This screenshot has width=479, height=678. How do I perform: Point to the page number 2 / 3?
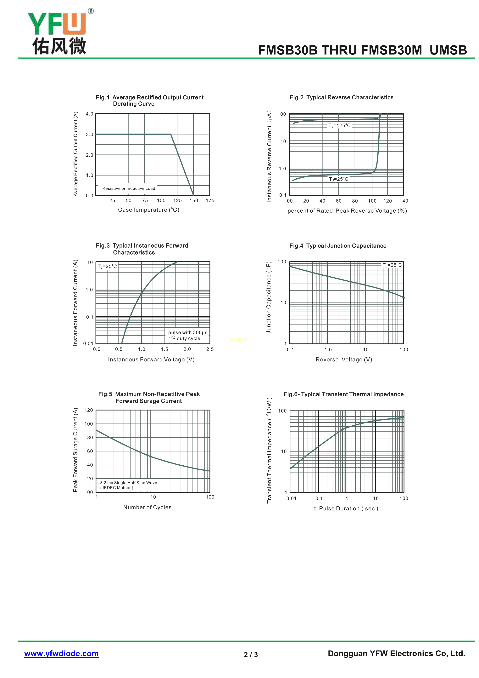coord(251,655)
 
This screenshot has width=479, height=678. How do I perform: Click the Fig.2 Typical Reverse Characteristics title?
coord(341,97)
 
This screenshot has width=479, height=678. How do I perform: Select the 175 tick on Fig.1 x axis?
coord(210,200)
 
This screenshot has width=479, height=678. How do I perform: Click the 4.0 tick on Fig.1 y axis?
coord(90,114)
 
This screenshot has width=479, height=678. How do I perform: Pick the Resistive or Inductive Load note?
coord(129,188)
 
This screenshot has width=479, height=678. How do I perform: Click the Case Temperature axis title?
coord(149,210)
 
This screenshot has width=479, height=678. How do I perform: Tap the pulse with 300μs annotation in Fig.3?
coord(188,332)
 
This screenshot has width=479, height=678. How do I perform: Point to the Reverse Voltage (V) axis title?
coord(344,360)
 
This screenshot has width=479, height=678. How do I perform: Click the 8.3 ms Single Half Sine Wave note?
coord(129,483)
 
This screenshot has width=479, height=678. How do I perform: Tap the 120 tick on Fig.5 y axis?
coord(88,410)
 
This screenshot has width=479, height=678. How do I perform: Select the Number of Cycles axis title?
coord(147,508)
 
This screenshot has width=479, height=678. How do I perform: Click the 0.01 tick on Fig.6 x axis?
coord(291,498)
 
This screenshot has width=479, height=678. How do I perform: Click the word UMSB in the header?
coord(448,50)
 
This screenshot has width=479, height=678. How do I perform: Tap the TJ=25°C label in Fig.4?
coord(392,265)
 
